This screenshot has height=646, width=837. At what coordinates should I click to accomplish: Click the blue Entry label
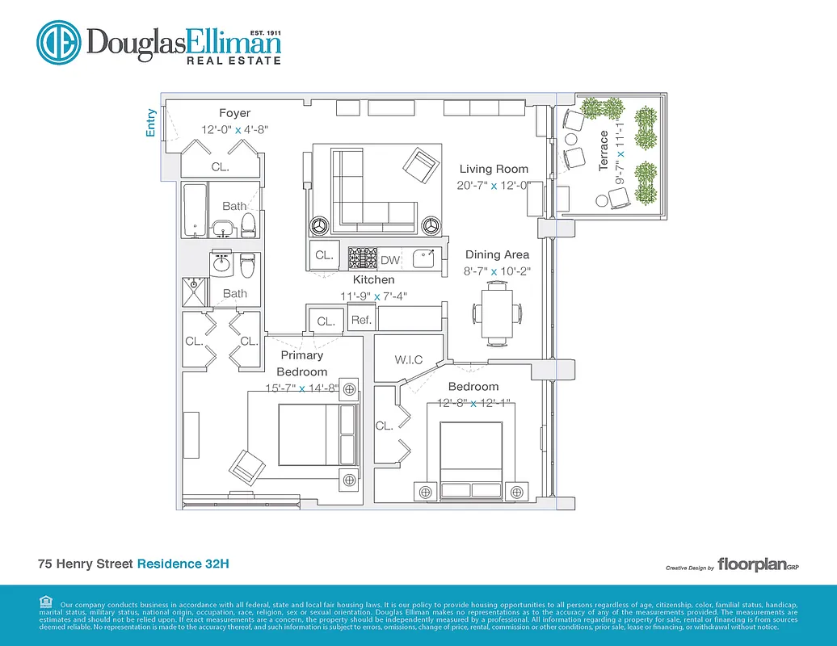click(x=151, y=124)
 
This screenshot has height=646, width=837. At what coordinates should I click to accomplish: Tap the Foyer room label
click(x=234, y=113)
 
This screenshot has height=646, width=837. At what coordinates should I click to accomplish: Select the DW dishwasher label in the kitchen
click(x=390, y=259)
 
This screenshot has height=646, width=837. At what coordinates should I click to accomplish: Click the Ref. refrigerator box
click(x=361, y=320)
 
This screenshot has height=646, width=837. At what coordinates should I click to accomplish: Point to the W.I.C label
click(x=408, y=359)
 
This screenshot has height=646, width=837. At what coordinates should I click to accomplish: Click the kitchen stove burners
click(x=363, y=258)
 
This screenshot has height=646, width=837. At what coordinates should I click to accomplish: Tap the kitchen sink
click(x=423, y=258)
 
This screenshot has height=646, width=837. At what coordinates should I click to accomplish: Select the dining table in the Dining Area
click(x=497, y=311)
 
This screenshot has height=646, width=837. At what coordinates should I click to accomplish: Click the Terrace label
click(x=604, y=150)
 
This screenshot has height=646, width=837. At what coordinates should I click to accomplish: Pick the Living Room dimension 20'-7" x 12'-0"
click(x=493, y=185)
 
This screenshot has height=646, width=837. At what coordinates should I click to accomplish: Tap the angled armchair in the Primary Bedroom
click(x=246, y=465)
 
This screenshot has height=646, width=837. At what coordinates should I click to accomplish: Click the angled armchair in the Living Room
click(x=420, y=166)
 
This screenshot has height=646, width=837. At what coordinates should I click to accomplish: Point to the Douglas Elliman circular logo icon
click(x=57, y=41)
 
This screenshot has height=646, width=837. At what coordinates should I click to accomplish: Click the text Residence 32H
click(x=183, y=564)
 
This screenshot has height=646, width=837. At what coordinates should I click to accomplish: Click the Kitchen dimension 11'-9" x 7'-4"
click(x=373, y=296)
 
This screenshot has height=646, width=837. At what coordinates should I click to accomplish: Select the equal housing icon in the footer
click(x=44, y=601)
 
